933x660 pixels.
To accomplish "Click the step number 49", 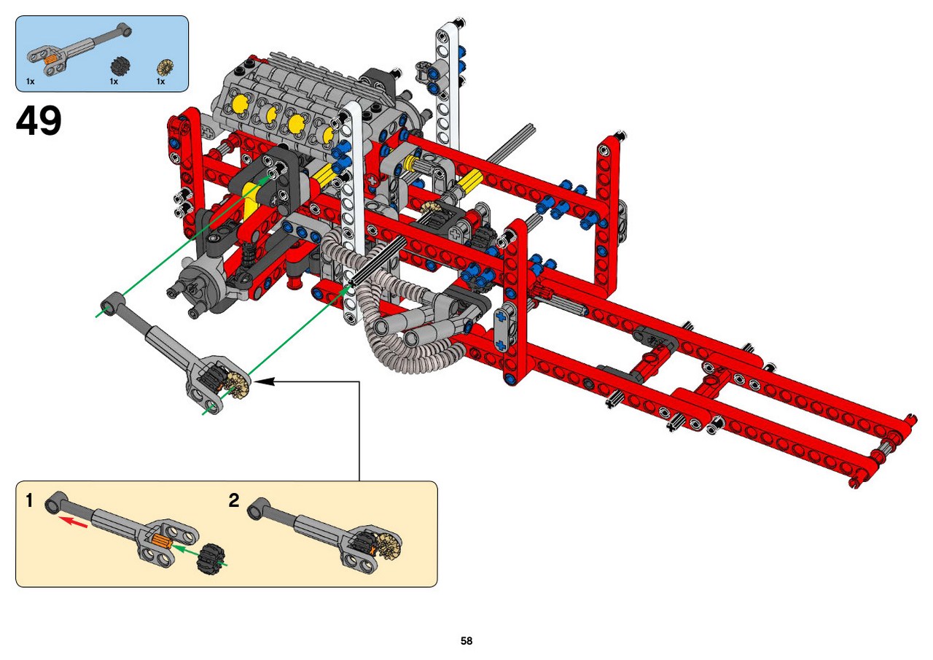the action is (x=39, y=120).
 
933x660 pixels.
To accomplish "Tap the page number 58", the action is (x=466, y=640).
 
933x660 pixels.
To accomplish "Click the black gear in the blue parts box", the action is (x=121, y=66).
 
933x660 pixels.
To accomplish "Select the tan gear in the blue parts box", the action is (x=165, y=68).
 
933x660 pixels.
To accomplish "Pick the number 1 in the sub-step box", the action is (x=29, y=500).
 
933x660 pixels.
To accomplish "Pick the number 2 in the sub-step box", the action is (x=234, y=500).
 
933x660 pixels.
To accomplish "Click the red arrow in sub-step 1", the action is (x=72, y=521).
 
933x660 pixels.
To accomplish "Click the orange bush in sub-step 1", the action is (x=159, y=542).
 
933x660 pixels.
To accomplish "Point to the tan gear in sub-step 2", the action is (x=389, y=545).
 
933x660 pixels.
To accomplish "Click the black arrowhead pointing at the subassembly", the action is (x=264, y=381).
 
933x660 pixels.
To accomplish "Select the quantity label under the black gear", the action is (x=114, y=82).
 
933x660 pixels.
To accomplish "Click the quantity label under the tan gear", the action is (x=161, y=82).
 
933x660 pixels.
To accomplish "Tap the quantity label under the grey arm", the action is (x=30, y=82).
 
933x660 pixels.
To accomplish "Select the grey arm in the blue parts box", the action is (x=79, y=49).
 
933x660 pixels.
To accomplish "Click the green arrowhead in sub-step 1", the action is (x=179, y=548).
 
